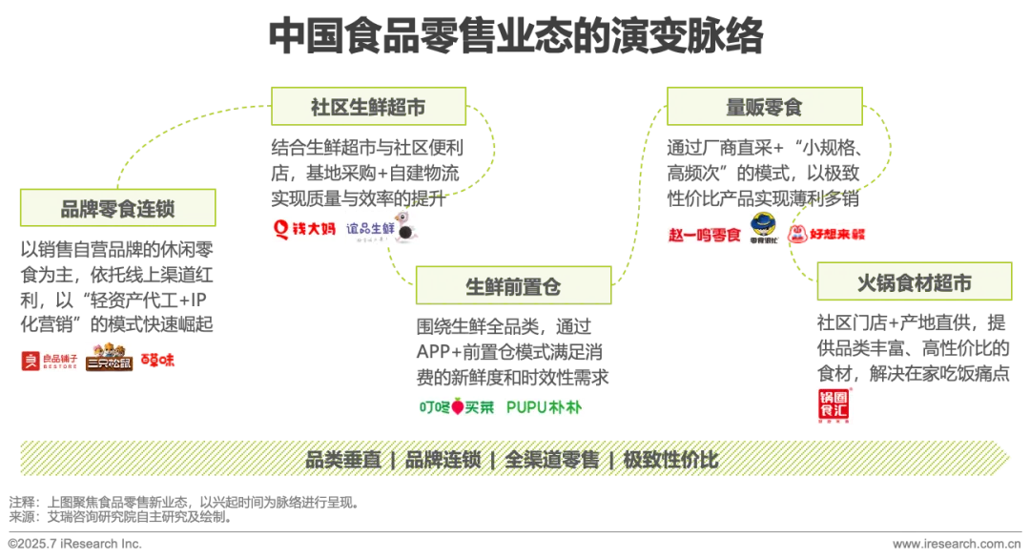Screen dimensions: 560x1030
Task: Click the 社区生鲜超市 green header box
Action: (x=368, y=107)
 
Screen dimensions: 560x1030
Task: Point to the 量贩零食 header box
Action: (x=764, y=107)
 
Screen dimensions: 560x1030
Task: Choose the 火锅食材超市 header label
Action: (x=915, y=283)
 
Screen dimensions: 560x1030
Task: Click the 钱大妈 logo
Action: (x=304, y=229)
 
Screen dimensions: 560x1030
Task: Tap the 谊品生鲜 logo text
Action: (x=369, y=227)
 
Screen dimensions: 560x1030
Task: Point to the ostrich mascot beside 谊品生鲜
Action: (x=404, y=233)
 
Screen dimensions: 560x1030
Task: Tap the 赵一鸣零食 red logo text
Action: (x=706, y=234)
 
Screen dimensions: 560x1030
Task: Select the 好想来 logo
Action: (x=827, y=233)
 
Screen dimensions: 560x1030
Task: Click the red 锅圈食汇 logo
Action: (x=832, y=404)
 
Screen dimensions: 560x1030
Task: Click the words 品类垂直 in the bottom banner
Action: (x=343, y=460)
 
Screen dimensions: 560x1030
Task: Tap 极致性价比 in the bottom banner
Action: (x=670, y=460)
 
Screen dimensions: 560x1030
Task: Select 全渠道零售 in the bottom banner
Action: (x=552, y=460)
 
